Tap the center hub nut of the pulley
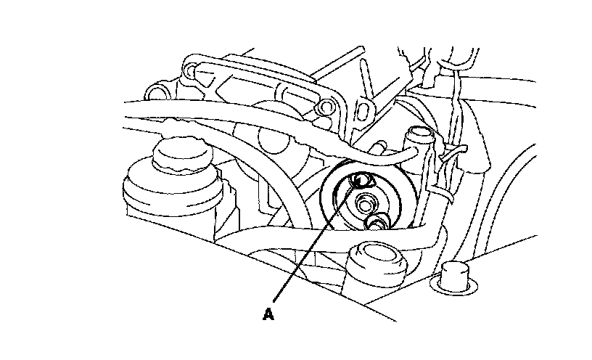(367, 200)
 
